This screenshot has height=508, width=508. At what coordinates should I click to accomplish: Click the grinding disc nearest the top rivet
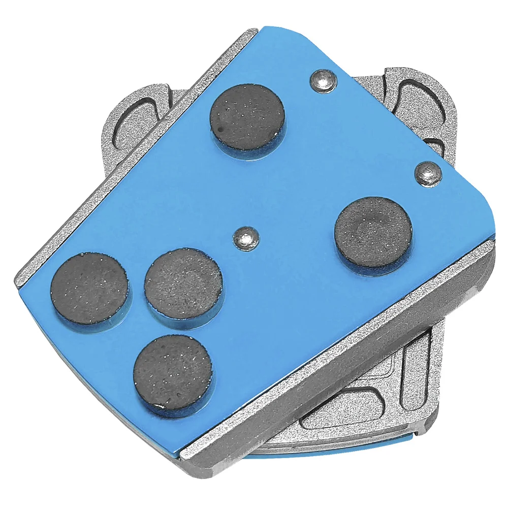(247, 116)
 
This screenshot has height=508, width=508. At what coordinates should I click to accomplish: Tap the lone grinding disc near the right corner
(373, 232)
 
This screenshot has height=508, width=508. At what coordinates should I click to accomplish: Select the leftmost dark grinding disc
(89, 288)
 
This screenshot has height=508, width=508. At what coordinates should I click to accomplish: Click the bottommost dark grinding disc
(173, 372)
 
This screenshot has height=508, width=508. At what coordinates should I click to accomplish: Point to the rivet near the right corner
(428, 173)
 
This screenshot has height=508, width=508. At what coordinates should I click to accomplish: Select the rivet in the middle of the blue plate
(246, 238)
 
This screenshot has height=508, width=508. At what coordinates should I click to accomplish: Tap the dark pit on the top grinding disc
(219, 130)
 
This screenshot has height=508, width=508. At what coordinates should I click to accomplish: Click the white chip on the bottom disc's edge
(159, 406)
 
